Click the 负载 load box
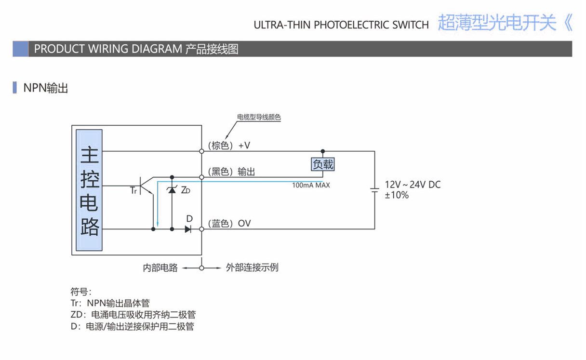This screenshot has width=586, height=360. [x=323, y=164]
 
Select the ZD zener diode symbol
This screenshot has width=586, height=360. [x=172, y=190]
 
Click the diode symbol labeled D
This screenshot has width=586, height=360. [x=188, y=229]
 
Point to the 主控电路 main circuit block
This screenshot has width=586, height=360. [x=90, y=191]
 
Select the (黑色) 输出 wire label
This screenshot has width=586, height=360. [x=231, y=172]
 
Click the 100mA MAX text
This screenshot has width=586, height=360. [x=311, y=185]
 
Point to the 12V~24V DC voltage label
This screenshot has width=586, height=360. [x=413, y=185]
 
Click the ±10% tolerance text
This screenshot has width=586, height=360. [x=397, y=195]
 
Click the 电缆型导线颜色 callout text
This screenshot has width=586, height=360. [x=259, y=117]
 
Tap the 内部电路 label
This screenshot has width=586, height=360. [x=160, y=267]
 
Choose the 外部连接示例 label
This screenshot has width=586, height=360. [x=252, y=267]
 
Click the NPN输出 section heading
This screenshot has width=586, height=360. [x=46, y=88]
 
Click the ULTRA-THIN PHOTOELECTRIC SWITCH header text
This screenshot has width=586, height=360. [x=341, y=25]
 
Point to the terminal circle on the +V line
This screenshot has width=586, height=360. [x=202, y=151]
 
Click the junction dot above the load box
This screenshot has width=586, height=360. [x=323, y=151]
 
